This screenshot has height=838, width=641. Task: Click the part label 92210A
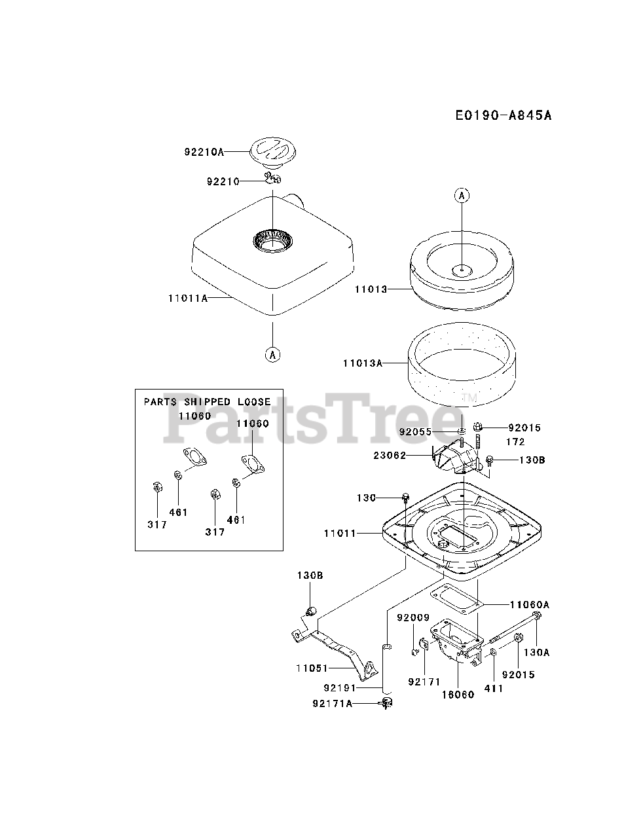[x=204, y=152]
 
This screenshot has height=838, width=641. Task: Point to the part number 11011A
[x=187, y=298]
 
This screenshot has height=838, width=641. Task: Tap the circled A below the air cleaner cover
[x=272, y=354]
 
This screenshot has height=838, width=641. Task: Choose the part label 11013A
[x=362, y=362]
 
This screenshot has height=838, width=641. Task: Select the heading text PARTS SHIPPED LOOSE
[x=207, y=401]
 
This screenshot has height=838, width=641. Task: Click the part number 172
[x=515, y=442]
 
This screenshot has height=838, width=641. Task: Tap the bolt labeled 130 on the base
[x=405, y=497]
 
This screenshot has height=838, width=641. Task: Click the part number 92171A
[x=332, y=704]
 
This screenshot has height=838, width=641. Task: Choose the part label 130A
[x=536, y=652]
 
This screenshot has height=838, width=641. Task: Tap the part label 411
[x=494, y=689]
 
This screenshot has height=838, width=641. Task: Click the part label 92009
[x=413, y=617]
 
